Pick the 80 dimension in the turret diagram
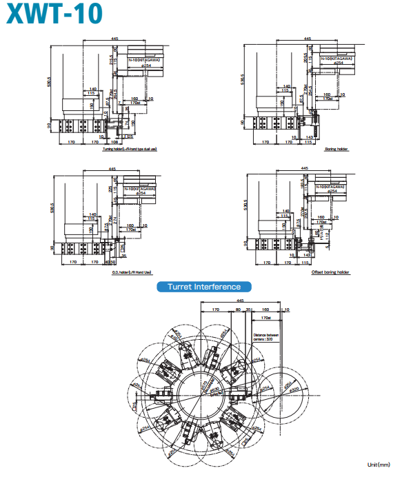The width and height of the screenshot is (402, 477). click(238, 311)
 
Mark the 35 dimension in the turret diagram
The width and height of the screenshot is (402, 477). click(249, 311)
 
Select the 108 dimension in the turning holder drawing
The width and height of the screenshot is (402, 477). click(114, 143)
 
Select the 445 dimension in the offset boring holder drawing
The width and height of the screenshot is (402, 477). click(304, 168)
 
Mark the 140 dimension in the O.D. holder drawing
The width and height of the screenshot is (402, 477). click(92, 215)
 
